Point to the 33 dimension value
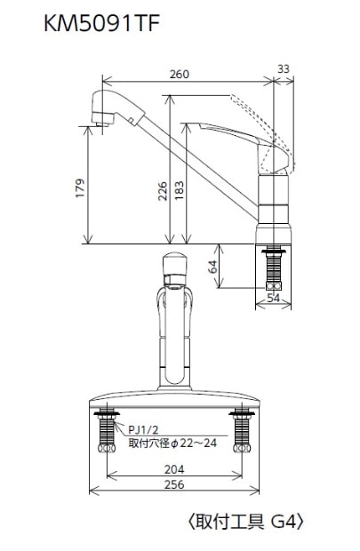point(283,68)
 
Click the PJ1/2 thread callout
point(145,427)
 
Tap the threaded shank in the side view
point(274,267)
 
